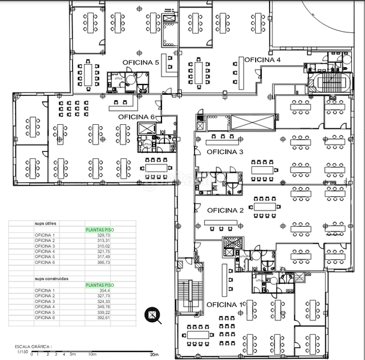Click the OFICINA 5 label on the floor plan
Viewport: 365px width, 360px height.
[x=140, y=62]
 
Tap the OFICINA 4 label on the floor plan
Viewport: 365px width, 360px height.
[x=262, y=60]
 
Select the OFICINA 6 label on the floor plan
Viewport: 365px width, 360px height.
[x=136, y=116]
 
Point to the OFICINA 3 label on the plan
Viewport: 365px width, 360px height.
[x=225, y=152]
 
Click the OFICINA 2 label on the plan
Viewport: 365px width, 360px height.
[x=225, y=211]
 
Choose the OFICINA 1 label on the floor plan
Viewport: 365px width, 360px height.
[x=226, y=305]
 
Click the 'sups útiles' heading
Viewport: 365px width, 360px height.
[x=46, y=223]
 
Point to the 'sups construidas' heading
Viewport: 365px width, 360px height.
[x=51, y=278]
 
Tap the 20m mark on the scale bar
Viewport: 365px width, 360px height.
[x=154, y=355]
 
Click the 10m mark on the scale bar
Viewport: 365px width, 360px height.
[x=92, y=355]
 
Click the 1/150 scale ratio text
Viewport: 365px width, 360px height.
[x=22, y=352]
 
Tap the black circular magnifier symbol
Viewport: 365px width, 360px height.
[x=154, y=314]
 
